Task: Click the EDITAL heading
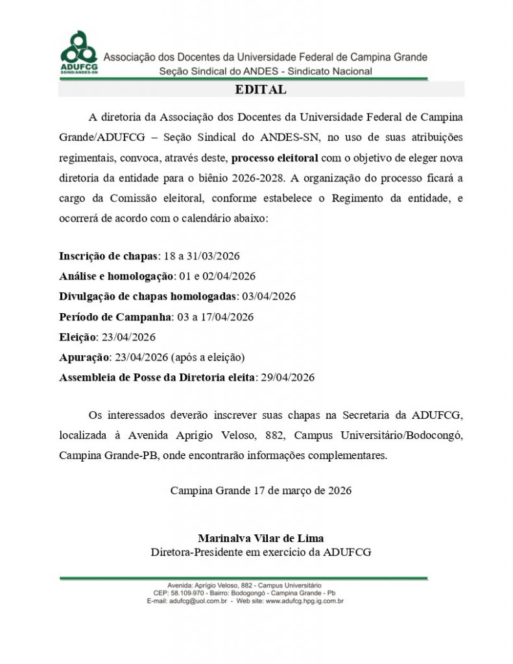261,90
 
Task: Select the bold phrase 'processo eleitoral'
275,158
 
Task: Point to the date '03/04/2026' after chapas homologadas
268,296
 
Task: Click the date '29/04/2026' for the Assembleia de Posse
287,377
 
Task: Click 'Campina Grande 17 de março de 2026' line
261,490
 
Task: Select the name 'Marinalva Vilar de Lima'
261,538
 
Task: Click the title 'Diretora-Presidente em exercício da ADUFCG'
261,552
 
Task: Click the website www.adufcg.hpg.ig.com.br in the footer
304,601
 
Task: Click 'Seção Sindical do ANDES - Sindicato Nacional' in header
266,71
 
